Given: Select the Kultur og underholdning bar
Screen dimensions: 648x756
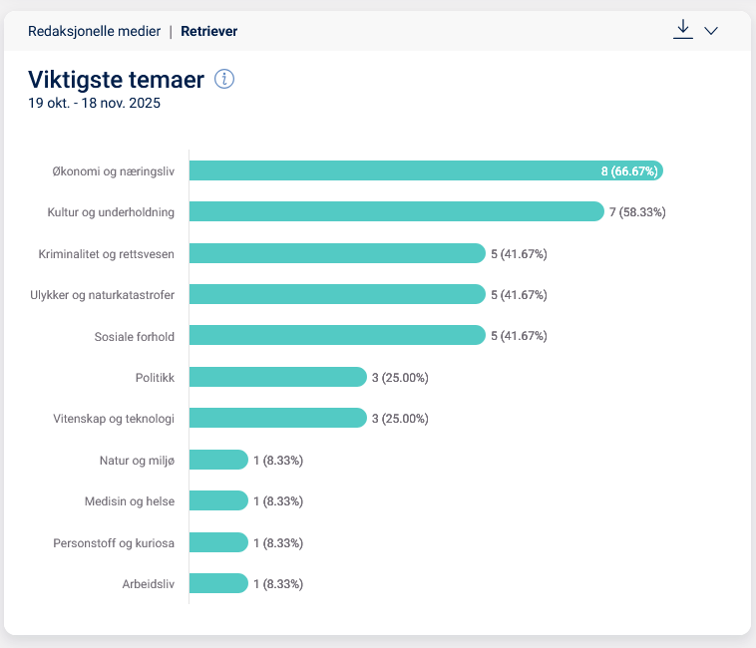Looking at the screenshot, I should point(396,211).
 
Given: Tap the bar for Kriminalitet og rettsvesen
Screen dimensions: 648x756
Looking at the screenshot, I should point(337,253).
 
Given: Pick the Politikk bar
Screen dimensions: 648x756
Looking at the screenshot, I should point(278,377).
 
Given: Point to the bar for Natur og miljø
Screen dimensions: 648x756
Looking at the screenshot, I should point(218,460).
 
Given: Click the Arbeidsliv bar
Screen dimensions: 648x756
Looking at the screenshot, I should point(218,583).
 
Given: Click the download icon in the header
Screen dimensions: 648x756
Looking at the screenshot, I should point(682,30).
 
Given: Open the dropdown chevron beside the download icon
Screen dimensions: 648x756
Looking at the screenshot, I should point(711,31).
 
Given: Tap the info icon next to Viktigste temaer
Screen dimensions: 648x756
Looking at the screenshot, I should point(224,80).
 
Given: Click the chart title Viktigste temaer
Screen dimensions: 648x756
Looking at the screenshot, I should point(117,80).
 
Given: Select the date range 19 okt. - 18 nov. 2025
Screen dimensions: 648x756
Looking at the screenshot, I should point(95,103).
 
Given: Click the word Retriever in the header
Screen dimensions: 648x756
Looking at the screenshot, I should point(208,31).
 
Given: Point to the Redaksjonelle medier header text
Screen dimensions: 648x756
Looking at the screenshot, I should point(94,31).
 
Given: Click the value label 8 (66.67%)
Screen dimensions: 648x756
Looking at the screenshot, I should point(628,171).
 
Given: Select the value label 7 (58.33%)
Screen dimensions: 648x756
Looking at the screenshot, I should point(637,212).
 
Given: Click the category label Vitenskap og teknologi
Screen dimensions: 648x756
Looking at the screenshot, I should point(114,419).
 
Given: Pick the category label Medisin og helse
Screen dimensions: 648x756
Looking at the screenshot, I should point(130,501).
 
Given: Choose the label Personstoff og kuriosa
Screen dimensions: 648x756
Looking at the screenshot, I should point(114,542).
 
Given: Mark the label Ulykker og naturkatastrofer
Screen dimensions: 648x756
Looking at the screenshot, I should point(103,295).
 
